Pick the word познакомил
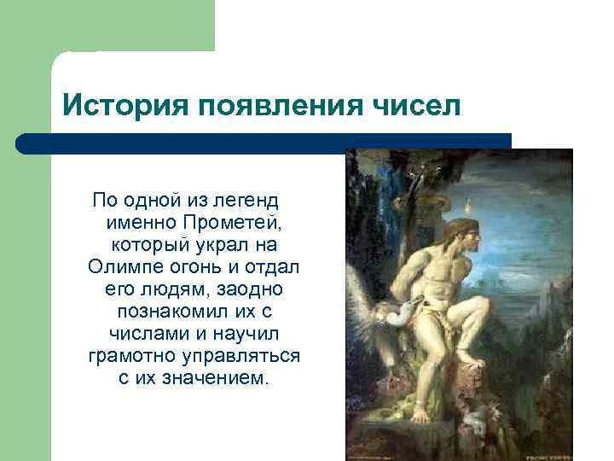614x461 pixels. tap(184, 311)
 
